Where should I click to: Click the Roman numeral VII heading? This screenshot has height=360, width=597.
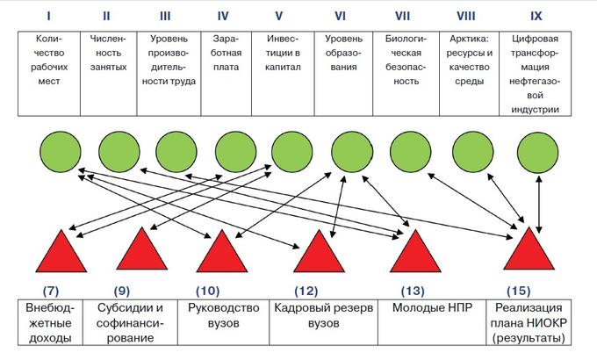[x=402, y=16]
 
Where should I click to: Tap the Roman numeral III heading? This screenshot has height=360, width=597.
[x=165, y=16]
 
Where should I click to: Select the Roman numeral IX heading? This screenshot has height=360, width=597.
[x=536, y=16]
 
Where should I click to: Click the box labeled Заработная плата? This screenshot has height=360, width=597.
[x=227, y=74]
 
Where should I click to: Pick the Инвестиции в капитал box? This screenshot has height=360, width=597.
[x=283, y=74]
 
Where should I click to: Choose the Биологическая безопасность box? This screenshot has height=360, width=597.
[x=406, y=74]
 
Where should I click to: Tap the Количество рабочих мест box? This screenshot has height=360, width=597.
[x=49, y=74]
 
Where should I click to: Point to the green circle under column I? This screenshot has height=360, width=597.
[x=61, y=152]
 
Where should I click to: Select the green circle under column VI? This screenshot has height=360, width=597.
[x=352, y=152]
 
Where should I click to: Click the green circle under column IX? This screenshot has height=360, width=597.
[x=537, y=152]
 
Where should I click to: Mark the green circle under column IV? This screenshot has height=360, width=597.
[x=235, y=152]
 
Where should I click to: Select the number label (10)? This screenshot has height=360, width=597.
[x=207, y=291]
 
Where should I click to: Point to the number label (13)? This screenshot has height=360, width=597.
[x=413, y=291]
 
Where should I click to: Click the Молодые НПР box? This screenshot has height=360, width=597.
[x=432, y=322]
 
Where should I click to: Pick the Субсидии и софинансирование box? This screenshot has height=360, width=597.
[x=130, y=322]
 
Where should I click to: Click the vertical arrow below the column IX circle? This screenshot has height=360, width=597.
[x=539, y=204]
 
